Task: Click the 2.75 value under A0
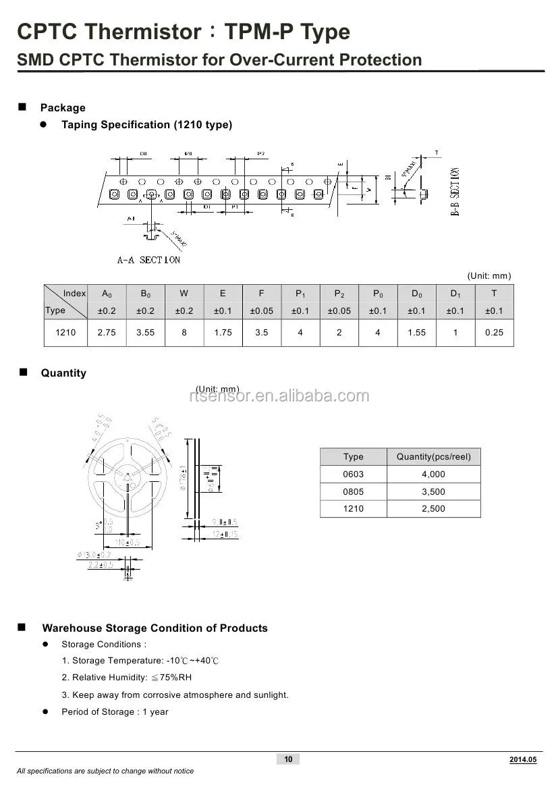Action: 107,333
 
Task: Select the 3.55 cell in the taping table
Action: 145,333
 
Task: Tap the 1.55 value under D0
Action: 417,333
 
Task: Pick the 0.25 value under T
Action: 494,333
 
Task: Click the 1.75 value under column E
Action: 223,333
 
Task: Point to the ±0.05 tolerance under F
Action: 262,311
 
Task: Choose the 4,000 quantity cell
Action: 433,474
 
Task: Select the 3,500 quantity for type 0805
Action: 433,492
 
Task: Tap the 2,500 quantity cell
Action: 433,509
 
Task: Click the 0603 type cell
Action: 353,474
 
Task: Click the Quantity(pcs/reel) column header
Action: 433,457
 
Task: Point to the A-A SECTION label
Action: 148,260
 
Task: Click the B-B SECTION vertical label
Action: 455,191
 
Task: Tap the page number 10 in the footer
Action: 288,759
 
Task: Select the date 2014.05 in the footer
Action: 523,760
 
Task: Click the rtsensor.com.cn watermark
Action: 279,396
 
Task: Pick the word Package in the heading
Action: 63,108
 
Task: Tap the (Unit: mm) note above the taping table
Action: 489,276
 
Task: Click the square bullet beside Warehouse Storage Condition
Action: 22,628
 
